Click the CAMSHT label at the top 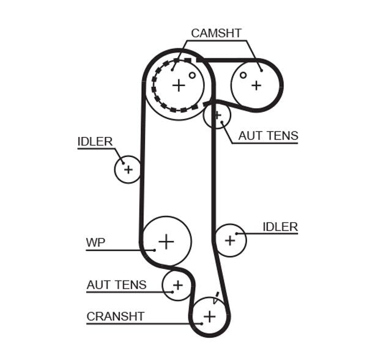coord(216,33)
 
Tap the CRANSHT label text coord(116,316)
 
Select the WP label coord(95,243)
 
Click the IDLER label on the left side coord(95,142)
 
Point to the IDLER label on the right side coord(280,227)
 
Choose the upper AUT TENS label coord(268,136)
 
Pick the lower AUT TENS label coord(116,285)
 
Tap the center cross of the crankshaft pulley coord(210,316)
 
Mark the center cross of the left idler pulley coord(128,169)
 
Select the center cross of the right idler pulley coord(230,240)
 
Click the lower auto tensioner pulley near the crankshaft coord(177,285)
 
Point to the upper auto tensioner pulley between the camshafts coord(217,114)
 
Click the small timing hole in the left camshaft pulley coord(192,76)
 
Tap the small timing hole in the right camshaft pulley coord(243,75)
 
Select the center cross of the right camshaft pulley coord(256,86)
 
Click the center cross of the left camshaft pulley coord(178,85)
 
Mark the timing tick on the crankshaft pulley coord(216,299)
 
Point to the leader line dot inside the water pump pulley coord(154,249)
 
